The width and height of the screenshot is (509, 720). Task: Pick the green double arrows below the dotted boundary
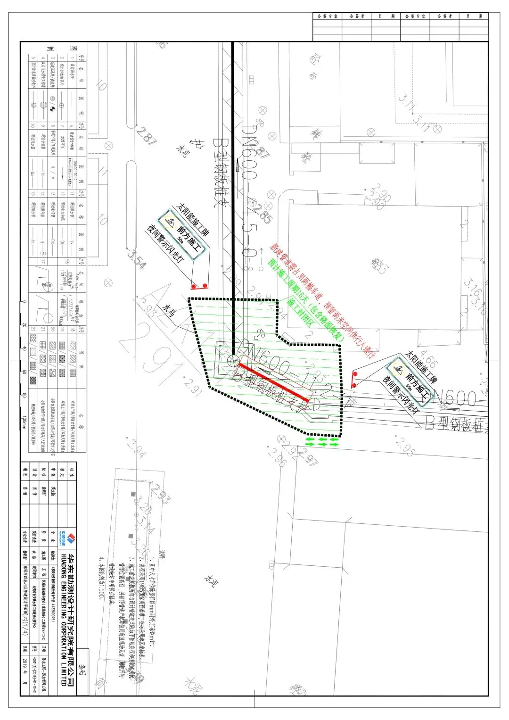click(x=322, y=442)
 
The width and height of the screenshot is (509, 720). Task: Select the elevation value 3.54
click(x=136, y=259)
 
